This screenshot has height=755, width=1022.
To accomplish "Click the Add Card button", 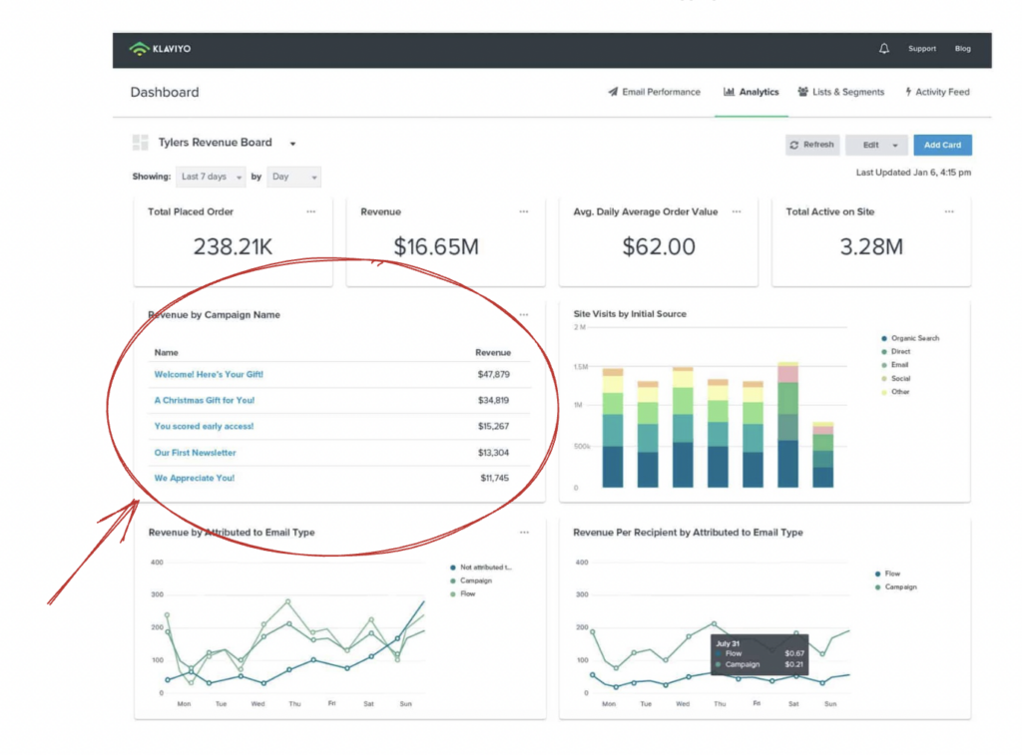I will point(942,146).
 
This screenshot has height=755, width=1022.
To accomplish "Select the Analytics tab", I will point(751,92).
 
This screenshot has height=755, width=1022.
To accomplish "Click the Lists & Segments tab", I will point(840,92).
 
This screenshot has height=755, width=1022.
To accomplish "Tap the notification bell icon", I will point(883,49).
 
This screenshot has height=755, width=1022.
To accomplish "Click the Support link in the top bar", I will point(921,49).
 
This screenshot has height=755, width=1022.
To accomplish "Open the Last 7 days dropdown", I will point(211,177).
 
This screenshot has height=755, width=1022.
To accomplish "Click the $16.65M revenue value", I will point(435,246).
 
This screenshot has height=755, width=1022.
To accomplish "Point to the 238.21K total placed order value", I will point(234,246).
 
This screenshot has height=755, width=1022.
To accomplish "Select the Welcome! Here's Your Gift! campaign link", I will point(209,375).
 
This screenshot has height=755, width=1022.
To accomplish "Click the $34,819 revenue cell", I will point(493,401).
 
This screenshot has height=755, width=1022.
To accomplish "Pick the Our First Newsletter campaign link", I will point(195,453).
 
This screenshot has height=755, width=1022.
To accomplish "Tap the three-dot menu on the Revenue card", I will point(524,211).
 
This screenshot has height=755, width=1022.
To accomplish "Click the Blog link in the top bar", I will point(962,49).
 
